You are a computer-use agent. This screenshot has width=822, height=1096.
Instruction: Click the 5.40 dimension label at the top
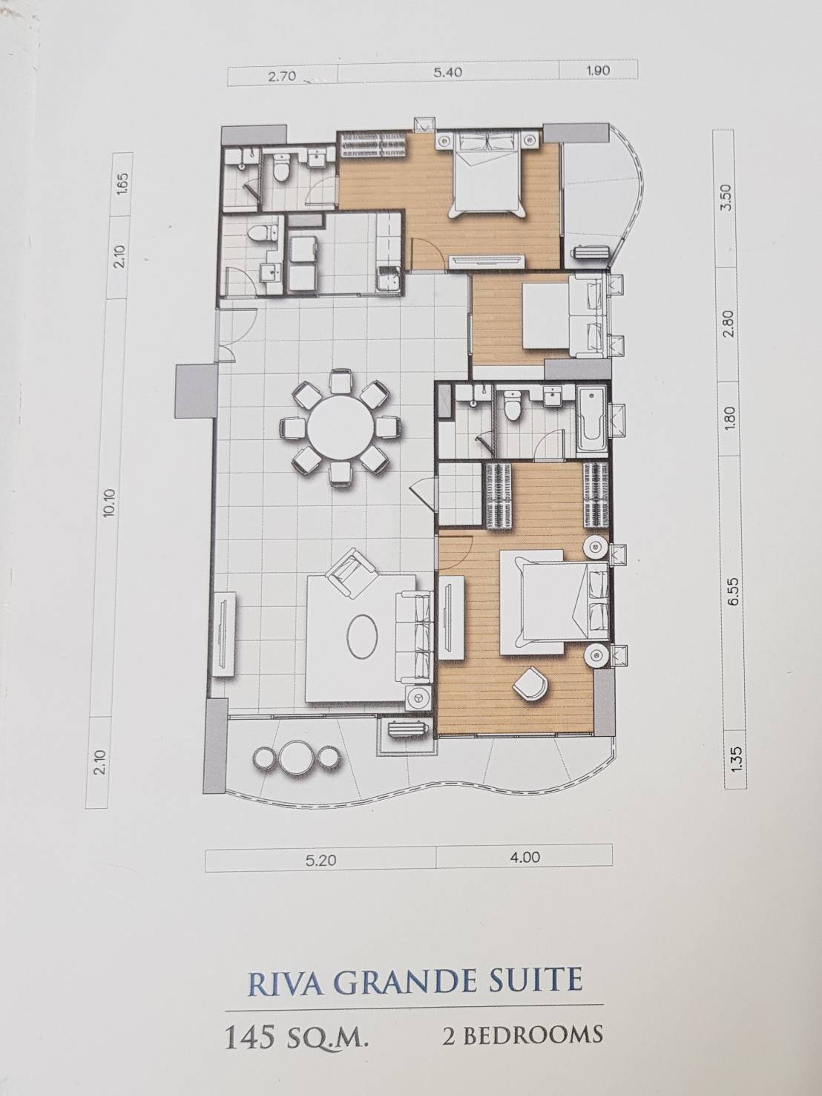[x=447, y=73]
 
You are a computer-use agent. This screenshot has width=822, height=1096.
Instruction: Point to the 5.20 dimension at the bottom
[x=318, y=860]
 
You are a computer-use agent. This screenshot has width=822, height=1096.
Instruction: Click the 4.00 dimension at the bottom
[x=525, y=857]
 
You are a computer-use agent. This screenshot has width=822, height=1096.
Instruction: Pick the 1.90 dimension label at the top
[x=597, y=70]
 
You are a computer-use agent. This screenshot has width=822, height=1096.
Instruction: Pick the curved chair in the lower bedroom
[x=530, y=683]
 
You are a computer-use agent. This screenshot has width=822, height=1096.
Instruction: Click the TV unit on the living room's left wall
[x=225, y=634]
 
